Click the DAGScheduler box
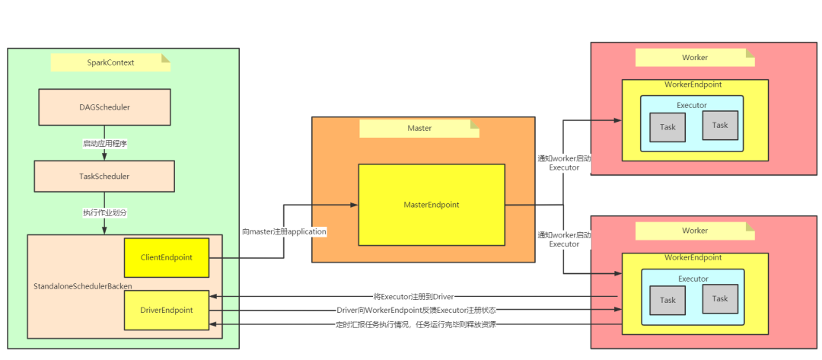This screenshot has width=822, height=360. tap(104, 107)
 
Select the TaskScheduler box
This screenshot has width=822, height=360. tap(104, 176)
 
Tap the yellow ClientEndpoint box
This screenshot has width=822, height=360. tap(166, 257)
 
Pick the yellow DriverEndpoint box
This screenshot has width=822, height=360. tap(166, 310)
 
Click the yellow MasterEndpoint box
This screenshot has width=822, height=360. tap(432, 205)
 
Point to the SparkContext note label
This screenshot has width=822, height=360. tap(110, 62)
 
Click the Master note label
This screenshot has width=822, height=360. tap(419, 128)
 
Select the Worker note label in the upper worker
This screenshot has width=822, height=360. tap(694, 57)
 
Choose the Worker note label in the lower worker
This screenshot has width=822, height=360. tap(694, 231)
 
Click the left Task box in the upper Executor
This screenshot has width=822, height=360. tap(667, 127)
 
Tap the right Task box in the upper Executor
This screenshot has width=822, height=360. tap(720, 125)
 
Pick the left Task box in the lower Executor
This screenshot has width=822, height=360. tap(667, 300)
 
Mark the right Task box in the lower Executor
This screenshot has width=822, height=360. tap(720, 298)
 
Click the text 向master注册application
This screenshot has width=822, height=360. tap(284, 231)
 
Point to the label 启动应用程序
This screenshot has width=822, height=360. tap(104, 143)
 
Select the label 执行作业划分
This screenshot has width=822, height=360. tap(104, 212)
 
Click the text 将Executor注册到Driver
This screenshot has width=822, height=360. tap(413, 296)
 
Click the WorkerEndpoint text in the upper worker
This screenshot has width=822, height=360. tap(694, 84)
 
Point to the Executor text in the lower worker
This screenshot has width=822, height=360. tap(693, 279)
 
